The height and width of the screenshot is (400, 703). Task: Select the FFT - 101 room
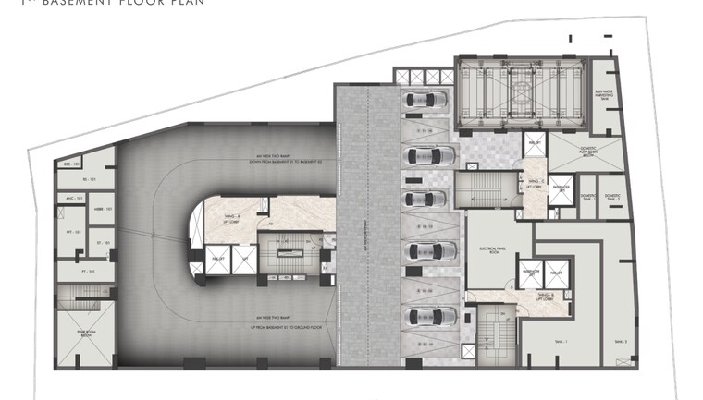[x=75, y=232]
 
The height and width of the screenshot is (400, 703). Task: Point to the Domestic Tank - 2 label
[x=610, y=198]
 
